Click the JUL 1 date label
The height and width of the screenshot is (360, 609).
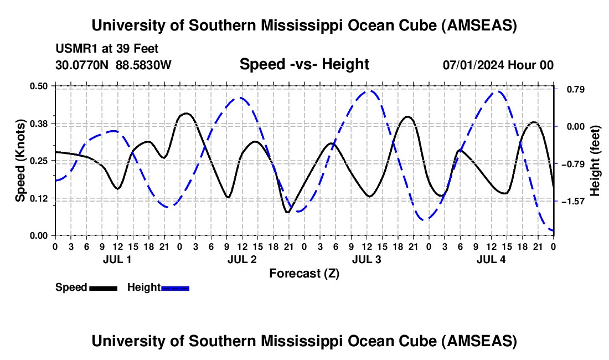coord(117,259)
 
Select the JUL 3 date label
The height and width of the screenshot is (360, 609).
coord(367,259)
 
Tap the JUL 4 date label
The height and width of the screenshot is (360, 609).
coord(491,259)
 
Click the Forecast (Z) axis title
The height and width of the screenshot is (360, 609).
coord(304,273)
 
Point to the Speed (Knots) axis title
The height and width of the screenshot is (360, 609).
coord(20,160)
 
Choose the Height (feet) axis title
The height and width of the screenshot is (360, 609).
coord(595,160)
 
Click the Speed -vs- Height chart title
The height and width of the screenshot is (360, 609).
coord(304,64)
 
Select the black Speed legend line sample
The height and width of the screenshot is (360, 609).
coord(103,288)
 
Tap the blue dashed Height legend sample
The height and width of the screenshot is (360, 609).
coord(175,288)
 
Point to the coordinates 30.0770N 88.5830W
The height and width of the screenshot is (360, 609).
coord(113,65)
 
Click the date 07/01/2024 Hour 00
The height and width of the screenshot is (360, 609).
coord(498,65)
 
